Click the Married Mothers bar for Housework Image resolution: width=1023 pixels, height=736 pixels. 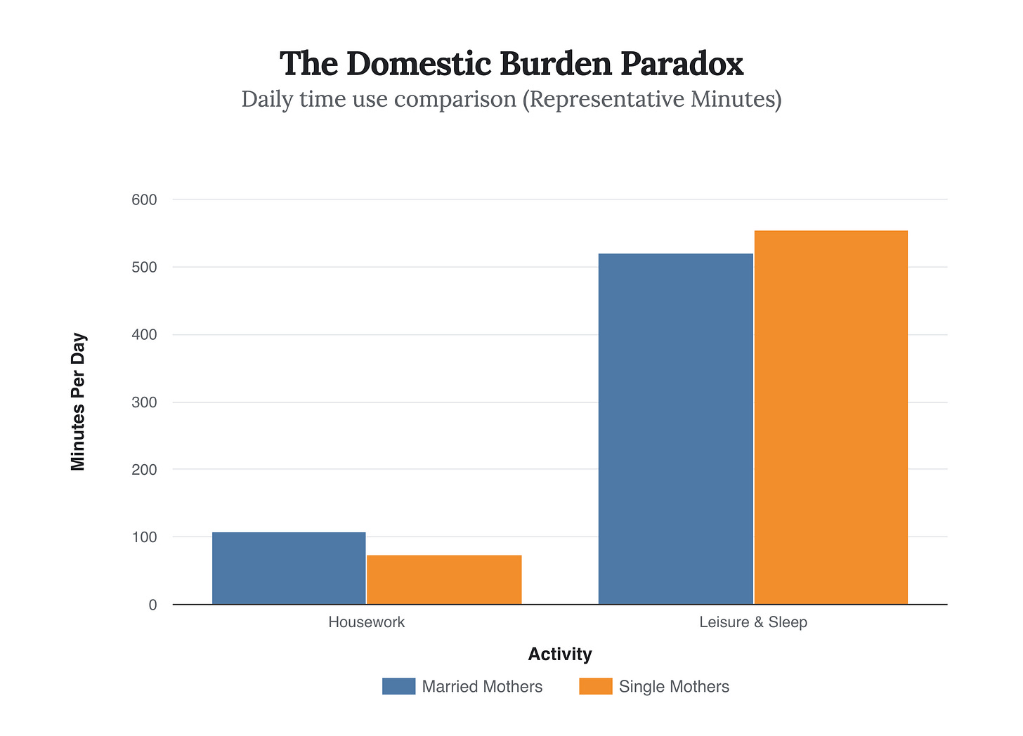pyautogui.click(x=289, y=568)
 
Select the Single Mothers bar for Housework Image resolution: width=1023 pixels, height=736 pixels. pyautogui.click(x=444, y=579)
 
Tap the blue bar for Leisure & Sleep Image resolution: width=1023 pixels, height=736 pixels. pyautogui.click(x=675, y=428)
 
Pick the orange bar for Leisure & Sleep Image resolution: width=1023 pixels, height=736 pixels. pyautogui.click(x=830, y=417)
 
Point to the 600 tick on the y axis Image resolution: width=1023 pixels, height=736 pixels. pyautogui.click(x=144, y=200)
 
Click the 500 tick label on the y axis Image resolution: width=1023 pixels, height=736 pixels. pyautogui.click(x=144, y=268)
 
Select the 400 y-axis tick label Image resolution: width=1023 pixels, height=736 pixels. pyautogui.click(x=144, y=335)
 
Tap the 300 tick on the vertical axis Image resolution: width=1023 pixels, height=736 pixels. pyautogui.click(x=144, y=402)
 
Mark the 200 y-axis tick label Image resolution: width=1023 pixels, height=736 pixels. pyautogui.click(x=144, y=470)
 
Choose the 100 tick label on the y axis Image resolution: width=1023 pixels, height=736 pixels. pyautogui.click(x=144, y=537)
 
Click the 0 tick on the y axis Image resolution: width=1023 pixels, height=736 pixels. pyautogui.click(x=152, y=605)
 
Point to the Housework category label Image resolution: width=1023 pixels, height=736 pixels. pyautogui.click(x=366, y=622)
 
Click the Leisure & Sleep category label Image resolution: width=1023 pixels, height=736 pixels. pyautogui.click(x=753, y=622)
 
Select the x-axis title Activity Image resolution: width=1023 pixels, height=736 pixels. pyautogui.click(x=559, y=655)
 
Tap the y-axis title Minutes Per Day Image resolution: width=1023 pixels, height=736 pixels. pyautogui.click(x=78, y=402)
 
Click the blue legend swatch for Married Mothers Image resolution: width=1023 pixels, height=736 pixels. pyautogui.click(x=398, y=686)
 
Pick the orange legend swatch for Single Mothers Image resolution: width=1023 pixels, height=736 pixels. pyautogui.click(x=596, y=686)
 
